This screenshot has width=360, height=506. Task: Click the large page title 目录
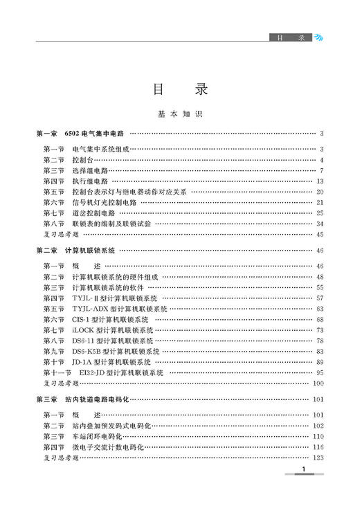coord(179,89)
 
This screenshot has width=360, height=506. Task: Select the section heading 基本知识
coord(179,114)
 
